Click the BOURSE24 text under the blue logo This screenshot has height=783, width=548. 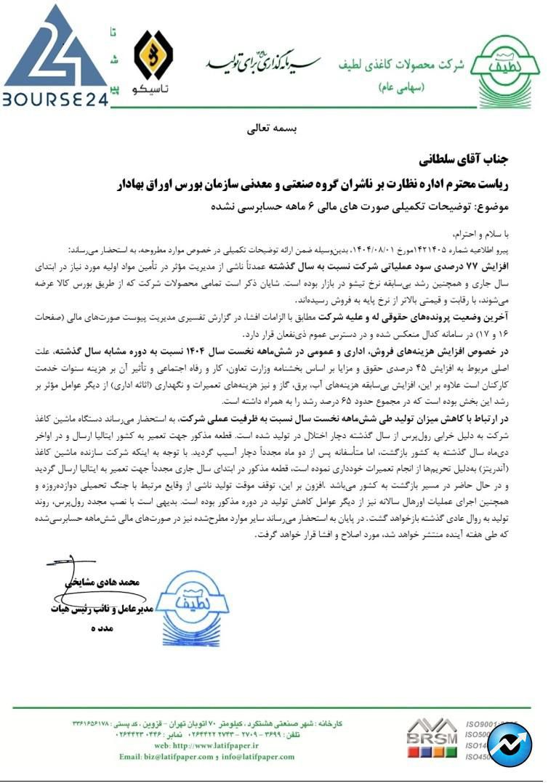tap(55, 99)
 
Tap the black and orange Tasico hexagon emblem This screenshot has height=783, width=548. tap(153, 57)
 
